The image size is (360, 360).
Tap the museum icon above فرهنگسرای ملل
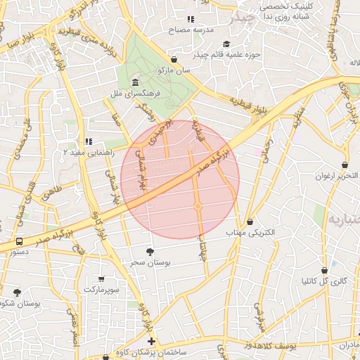(x=135, y=82)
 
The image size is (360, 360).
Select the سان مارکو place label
(x=174, y=71)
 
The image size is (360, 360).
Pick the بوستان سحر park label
(x=150, y=262)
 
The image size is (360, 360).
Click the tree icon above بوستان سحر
(x=150, y=251)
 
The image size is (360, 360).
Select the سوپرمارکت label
(x=102, y=289)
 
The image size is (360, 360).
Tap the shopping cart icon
(x=102, y=279)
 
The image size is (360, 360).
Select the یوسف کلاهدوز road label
(x=282, y=345)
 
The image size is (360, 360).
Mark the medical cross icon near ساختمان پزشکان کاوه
(x=151, y=342)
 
